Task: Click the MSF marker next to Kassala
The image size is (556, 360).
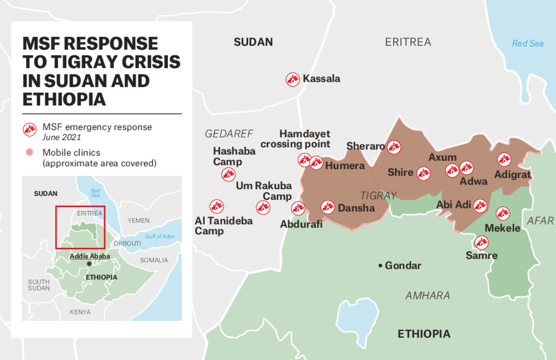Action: [292, 79]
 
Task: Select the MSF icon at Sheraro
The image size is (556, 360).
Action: [394, 147]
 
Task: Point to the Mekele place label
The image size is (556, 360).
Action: [503, 228]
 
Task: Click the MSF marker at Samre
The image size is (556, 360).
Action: [481, 242]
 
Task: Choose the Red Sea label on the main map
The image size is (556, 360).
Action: [528, 43]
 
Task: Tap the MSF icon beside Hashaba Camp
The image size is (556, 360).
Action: [229, 174]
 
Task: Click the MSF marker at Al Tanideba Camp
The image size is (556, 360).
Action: [216, 206]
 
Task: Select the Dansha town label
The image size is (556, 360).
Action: [356, 208]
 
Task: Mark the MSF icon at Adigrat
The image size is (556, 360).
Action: [504, 160]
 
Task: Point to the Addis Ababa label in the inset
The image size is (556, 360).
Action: [90, 256]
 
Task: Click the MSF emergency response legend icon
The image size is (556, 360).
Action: [29, 130]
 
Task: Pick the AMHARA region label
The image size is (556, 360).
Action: [428, 295]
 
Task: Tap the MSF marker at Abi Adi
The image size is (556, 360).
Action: [480, 206]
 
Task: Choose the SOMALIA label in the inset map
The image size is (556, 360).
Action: [153, 260]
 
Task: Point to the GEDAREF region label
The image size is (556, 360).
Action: [229, 134]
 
